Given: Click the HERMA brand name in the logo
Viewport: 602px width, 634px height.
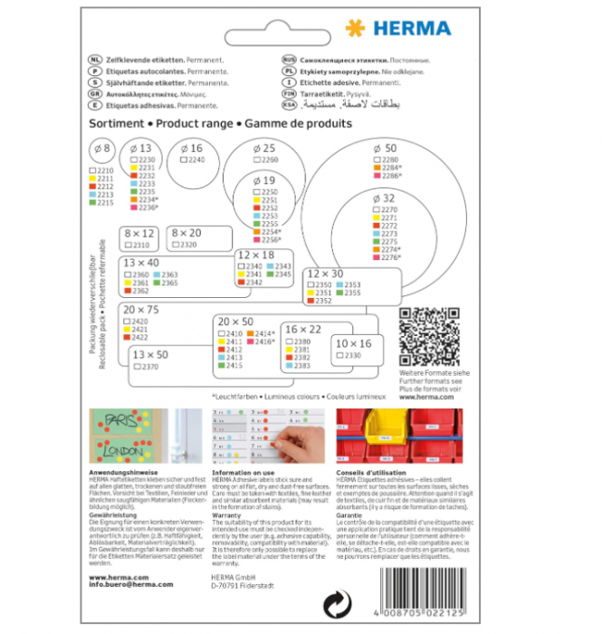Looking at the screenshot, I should pos(413,27).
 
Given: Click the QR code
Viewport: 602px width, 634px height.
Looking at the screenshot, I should pos(429,337).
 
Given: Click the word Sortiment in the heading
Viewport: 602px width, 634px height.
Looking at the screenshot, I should pos(116,121).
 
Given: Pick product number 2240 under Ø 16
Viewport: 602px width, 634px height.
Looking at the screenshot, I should pos(196,159).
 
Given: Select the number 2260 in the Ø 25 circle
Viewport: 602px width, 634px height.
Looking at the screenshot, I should pos(270,159).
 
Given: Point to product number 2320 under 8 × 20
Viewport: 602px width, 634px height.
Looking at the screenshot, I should pos(187,245).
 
